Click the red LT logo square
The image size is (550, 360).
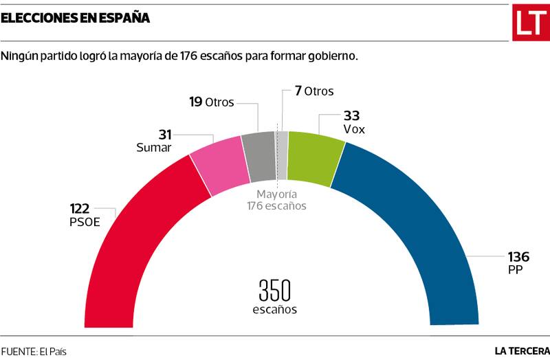528,23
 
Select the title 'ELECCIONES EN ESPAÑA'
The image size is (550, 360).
76,19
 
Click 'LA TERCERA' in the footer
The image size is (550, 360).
522,350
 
